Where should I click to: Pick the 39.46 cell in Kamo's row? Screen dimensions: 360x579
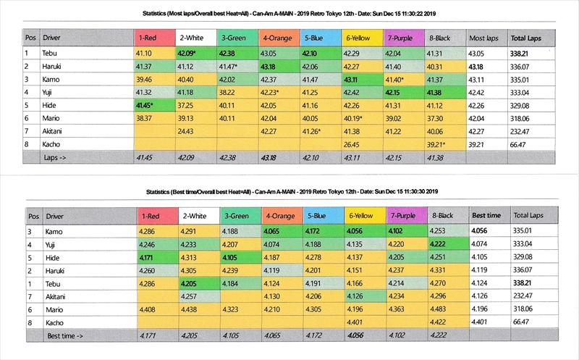click(145, 78)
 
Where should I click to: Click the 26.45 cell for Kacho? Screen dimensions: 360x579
click(354, 143)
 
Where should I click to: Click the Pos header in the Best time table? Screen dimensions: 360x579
click(33, 215)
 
